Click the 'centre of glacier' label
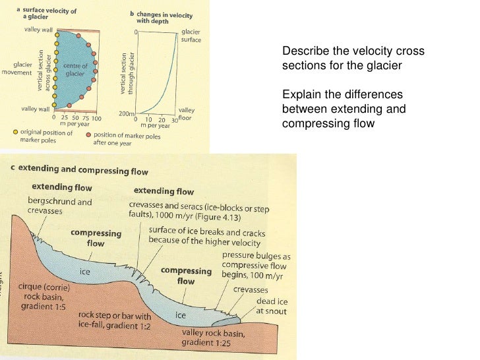tap(75, 70)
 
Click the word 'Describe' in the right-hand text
tap(303, 51)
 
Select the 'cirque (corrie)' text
tap(45, 288)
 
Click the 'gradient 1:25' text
tap(208, 343)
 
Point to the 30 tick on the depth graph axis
tap(174, 119)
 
